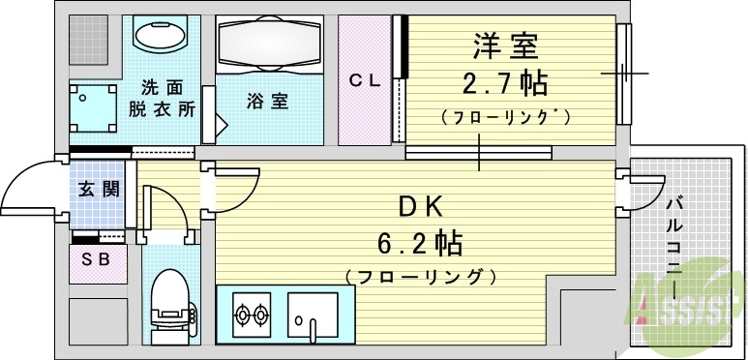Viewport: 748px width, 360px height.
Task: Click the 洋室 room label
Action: tap(504, 46)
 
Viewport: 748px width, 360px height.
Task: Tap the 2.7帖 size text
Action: tap(504, 82)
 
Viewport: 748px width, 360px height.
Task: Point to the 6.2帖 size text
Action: tap(420, 242)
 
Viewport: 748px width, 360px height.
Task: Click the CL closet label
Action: tap(365, 81)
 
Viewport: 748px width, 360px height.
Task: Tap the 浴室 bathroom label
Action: tap(266, 101)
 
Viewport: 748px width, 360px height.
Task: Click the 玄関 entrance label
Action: tap(98, 190)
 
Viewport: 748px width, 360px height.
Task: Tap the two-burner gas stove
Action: tap(251, 314)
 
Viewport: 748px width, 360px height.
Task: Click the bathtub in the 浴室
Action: tap(268, 45)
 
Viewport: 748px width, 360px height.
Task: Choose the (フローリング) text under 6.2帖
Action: tap(420, 277)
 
